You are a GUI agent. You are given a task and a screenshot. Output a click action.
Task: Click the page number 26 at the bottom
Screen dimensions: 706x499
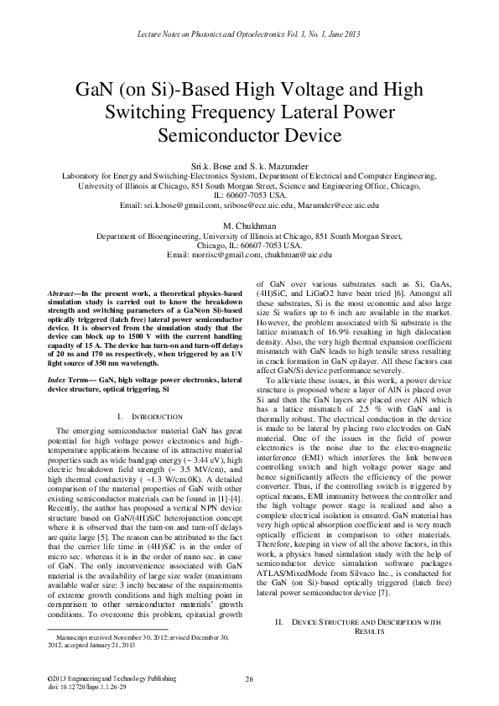pyautogui.click(x=249, y=678)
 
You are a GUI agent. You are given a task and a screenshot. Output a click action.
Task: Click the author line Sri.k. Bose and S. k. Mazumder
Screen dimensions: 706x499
pyautogui.click(x=250, y=167)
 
